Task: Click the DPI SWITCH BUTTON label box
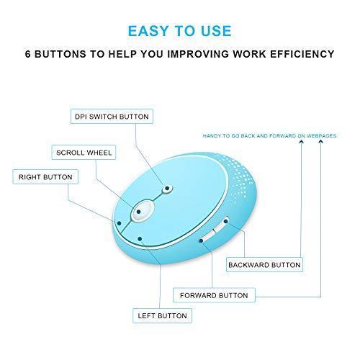[x=112, y=117]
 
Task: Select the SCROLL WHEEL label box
[x=84, y=152]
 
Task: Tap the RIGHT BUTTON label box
[x=45, y=177]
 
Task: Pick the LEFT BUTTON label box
[x=162, y=315]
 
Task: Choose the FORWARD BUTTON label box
[x=214, y=295]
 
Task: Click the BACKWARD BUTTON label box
[x=264, y=265]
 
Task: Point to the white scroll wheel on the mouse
[x=143, y=210]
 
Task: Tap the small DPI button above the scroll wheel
[x=168, y=189]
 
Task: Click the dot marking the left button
[x=140, y=239]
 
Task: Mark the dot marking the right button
[x=120, y=223]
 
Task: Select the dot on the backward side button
[x=225, y=221]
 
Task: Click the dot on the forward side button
[x=201, y=240]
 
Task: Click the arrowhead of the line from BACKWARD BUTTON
[x=302, y=142]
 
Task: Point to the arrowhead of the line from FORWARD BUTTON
[x=321, y=142]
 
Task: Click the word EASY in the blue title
[x=148, y=31]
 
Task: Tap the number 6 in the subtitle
[x=28, y=54]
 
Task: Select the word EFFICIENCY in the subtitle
[x=302, y=54]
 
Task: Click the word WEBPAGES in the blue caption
[x=322, y=136]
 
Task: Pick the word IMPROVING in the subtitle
[x=198, y=54]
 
